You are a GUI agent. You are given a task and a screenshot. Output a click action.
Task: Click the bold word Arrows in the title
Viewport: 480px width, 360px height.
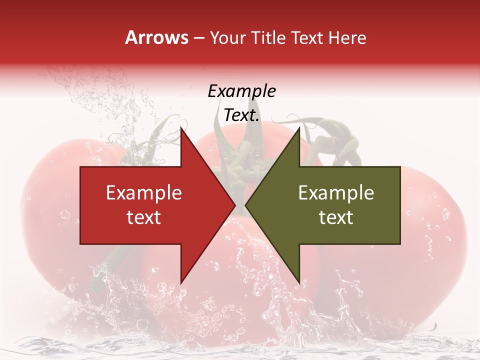click(156, 37)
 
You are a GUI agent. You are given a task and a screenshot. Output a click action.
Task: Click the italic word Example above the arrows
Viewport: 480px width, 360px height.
click(241, 91)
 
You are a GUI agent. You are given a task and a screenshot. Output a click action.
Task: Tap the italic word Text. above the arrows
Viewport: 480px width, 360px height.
click(241, 115)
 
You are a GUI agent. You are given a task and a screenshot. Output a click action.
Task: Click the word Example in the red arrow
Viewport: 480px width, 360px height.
click(144, 193)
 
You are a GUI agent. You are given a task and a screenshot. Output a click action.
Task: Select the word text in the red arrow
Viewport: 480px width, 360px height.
click(144, 217)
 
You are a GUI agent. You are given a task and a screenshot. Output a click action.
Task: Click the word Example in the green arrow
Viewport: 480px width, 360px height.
click(336, 193)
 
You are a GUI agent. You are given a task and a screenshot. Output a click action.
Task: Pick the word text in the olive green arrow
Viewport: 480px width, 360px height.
click(336, 217)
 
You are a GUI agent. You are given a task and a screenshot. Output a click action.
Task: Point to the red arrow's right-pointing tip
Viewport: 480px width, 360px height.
click(235, 205)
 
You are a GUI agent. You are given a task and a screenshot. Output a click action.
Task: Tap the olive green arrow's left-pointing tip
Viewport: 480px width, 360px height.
click(245, 205)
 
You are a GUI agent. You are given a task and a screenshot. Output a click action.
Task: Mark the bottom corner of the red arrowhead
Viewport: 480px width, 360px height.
click(181, 283)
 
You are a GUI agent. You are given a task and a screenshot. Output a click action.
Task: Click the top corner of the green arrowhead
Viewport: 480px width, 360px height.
click(299, 128)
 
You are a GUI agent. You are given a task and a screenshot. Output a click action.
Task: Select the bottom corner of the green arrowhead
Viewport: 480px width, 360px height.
click(299, 283)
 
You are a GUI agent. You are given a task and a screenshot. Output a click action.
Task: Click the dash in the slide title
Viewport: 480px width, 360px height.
click(198, 38)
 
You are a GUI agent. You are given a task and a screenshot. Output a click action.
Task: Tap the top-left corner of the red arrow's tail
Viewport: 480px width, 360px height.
click(80, 167)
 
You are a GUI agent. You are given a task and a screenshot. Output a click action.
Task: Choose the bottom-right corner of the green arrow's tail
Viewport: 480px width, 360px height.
click(400, 244)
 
